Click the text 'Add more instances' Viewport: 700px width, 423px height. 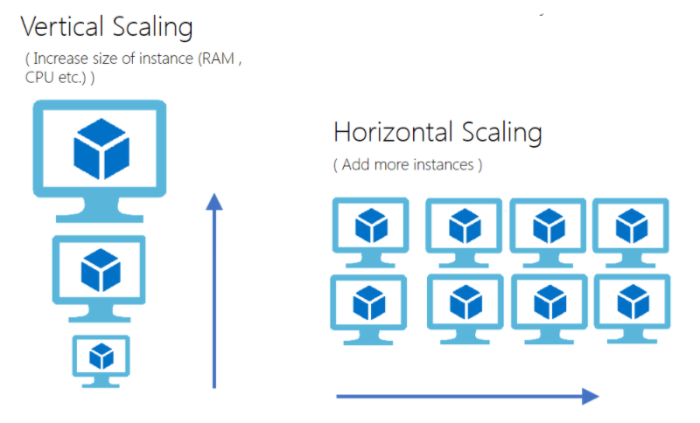coord(407,164)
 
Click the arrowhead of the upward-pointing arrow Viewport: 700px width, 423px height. coord(213,203)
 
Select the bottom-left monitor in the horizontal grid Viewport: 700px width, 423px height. coord(368,304)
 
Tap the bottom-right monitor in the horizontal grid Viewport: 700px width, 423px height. coord(632,304)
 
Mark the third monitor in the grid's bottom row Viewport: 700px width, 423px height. coord(549,304)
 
